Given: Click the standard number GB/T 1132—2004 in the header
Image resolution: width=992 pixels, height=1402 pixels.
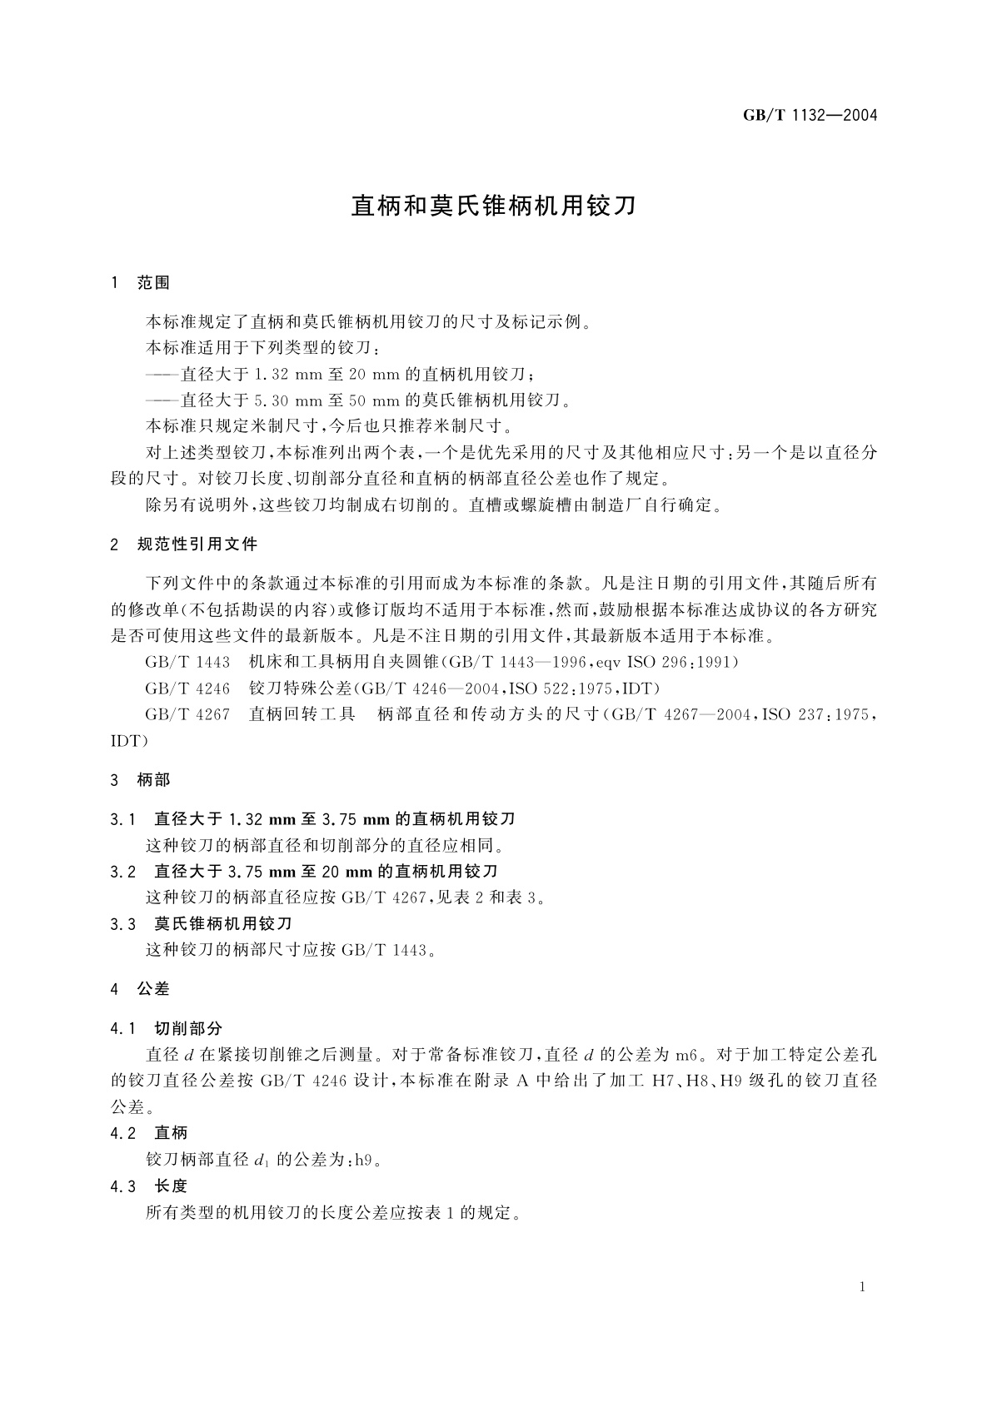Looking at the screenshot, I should [810, 116].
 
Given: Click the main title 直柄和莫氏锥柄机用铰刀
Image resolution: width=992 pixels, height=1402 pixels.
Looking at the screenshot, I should [494, 206].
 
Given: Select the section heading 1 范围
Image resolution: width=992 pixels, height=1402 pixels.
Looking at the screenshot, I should [140, 284].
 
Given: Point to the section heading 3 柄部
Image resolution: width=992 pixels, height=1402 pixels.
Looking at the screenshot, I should [140, 781].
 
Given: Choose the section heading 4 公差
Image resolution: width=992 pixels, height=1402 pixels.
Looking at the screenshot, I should [140, 989].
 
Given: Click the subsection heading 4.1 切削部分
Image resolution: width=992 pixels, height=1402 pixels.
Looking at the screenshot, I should [166, 1029].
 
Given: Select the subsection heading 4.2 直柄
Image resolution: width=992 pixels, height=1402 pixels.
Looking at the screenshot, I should [149, 1133].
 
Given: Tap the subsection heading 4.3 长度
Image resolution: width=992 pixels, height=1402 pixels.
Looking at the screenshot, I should [149, 1186].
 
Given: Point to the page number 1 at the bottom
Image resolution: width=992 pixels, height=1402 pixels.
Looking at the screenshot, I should [862, 1287].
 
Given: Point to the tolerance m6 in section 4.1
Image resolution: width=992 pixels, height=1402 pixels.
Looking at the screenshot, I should [685, 1055].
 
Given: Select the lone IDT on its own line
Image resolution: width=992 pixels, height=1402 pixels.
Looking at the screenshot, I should [129, 740].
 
